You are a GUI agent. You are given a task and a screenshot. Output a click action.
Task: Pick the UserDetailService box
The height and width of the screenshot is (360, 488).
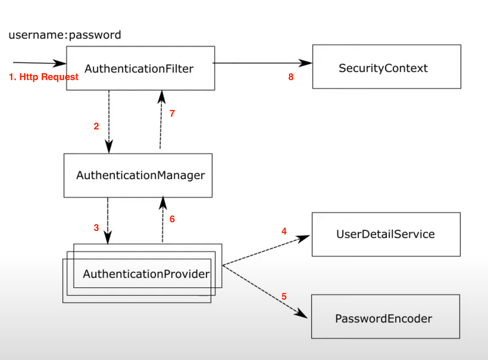pos(386,234)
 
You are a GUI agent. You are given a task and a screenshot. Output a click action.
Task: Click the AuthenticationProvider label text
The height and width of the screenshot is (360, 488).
pos(146,274)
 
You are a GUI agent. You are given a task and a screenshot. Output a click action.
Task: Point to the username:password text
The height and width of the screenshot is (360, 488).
pos(65,35)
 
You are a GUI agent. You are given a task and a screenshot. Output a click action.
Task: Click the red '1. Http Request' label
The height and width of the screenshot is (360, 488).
pos(44,77)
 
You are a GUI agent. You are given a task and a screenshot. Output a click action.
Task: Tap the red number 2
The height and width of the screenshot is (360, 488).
pos(96,126)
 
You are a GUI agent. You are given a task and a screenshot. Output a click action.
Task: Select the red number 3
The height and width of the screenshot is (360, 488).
pos(96,228)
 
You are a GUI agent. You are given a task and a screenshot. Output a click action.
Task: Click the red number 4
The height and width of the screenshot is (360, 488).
pos(284,231)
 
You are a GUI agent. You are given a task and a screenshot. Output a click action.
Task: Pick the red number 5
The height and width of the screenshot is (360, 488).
pos(284,296)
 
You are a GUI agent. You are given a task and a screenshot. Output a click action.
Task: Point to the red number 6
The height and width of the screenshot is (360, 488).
pos(172,219)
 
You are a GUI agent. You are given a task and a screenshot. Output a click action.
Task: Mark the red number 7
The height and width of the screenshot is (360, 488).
pos(172,113)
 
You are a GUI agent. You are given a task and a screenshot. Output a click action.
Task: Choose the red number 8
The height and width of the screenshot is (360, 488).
pos(291,77)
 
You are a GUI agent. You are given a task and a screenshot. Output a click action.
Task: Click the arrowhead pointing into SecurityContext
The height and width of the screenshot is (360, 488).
pos(305,63)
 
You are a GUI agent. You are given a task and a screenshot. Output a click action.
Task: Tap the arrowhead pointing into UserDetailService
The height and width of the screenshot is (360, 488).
pos(303,238)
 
